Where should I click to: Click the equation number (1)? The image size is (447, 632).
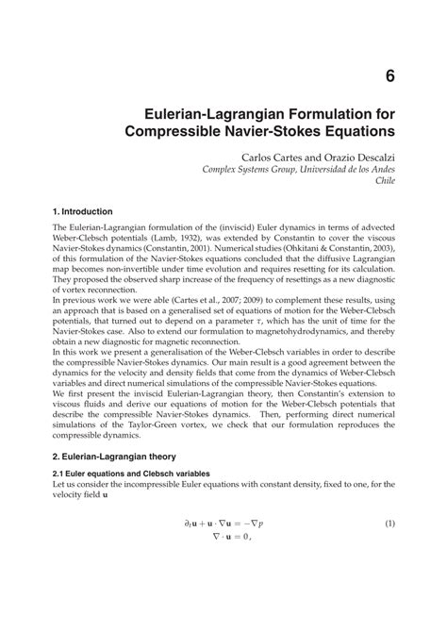pos(389,576)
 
